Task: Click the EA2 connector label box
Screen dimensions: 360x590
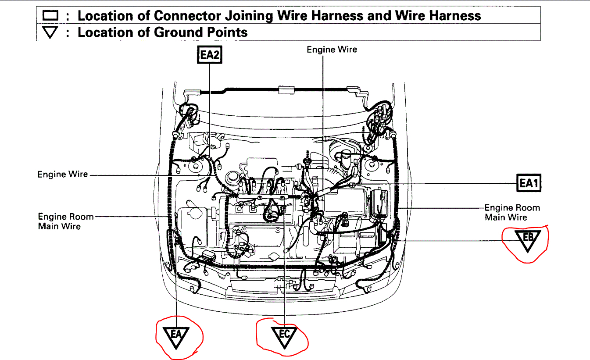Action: (210, 55)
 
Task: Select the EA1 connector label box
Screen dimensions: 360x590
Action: (528, 183)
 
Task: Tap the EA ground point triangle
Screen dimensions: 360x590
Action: (175, 336)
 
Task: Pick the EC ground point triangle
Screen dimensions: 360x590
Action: (284, 336)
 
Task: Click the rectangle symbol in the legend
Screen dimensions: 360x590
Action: (51, 16)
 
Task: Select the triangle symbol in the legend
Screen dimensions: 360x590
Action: (51, 32)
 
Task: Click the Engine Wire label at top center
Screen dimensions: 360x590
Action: (332, 50)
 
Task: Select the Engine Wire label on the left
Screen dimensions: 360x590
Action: (63, 175)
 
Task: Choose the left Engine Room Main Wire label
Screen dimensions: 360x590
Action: (65, 221)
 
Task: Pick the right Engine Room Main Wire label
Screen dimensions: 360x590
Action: (512, 212)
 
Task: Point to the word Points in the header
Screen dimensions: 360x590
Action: (226, 32)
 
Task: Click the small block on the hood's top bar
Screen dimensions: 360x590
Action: (286, 90)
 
